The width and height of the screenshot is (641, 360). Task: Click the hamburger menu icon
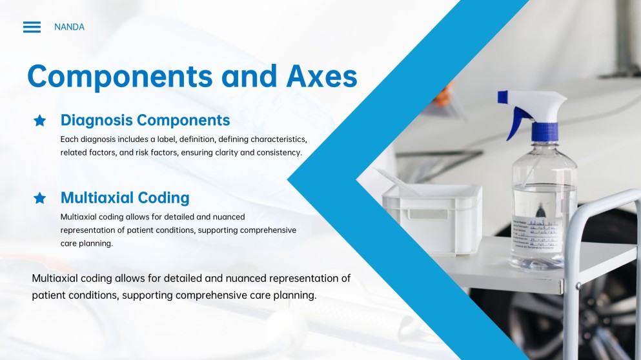(x=32, y=27)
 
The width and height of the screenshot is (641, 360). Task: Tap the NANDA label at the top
(x=69, y=27)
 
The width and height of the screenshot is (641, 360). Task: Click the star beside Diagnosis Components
(x=40, y=121)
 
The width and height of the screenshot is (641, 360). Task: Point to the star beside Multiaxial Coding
(x=40, y=198)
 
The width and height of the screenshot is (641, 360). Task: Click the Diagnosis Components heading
(x=145, y=120)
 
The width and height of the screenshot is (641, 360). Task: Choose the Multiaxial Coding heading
(x=125, y=197)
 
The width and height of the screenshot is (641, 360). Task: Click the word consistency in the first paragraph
(x=279, y=153)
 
